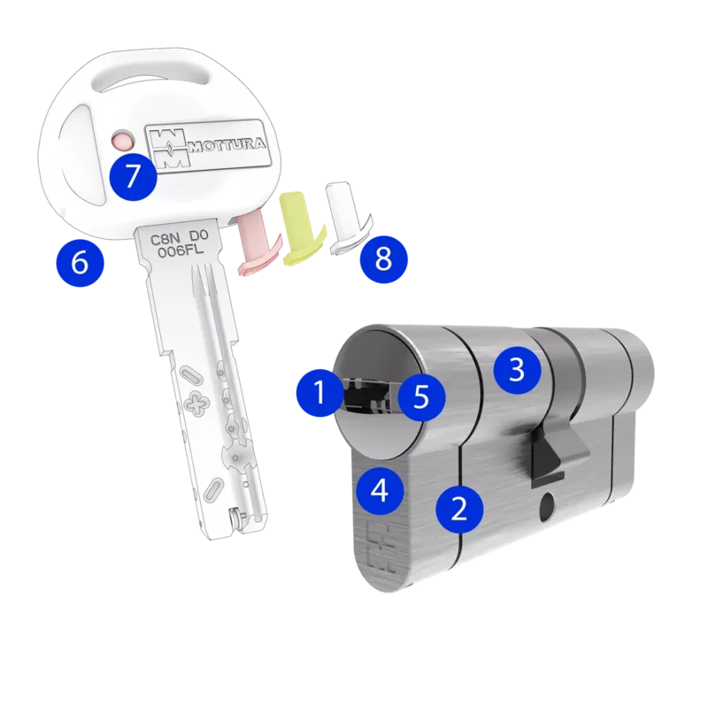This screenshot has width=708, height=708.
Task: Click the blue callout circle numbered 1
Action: [x=320, y=392]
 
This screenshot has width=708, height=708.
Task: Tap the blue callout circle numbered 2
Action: [x=459, y=509]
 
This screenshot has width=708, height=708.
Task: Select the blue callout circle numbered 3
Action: [x=517, y=370]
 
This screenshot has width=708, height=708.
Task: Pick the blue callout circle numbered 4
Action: [x=380, y=490]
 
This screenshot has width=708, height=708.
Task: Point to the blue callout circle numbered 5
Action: [x=421, y=396]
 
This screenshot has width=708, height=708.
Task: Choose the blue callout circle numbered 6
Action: [x=80, y=262]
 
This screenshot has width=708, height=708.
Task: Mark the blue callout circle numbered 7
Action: [x=133, y=176]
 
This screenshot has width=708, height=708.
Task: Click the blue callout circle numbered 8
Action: [x=384, y=259]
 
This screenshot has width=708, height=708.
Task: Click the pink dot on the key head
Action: [x=123, y=141]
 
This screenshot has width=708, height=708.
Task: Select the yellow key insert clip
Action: [x=301, y=228]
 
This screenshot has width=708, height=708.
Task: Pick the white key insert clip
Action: [x=349, y=218]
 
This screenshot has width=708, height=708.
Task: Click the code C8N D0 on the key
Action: [x=179, y=237]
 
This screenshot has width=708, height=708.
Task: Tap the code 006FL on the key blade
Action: [x=181, y=250]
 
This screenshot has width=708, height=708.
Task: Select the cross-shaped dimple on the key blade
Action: [x=196, y=403]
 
